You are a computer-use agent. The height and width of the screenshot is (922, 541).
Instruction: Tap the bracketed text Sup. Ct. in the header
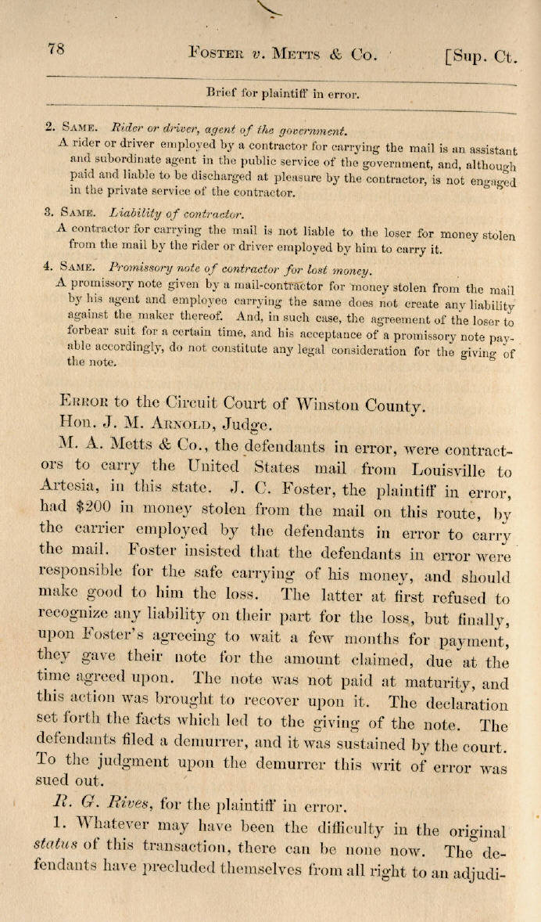480,56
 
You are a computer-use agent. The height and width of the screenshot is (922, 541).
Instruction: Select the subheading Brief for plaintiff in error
282,93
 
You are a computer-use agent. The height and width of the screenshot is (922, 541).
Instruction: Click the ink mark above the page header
270,8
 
